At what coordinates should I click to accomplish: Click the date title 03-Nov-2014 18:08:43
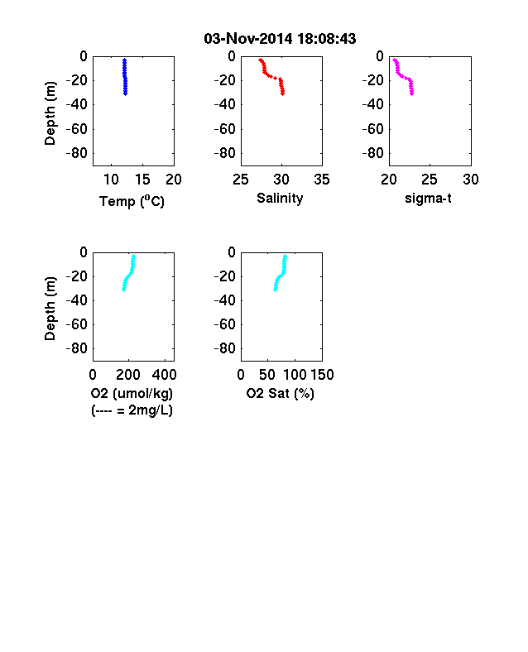coord(280,39)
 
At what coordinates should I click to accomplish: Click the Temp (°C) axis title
coord(132,201)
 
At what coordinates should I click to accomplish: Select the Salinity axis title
coord(280,198)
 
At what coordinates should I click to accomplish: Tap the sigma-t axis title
coord(428,199)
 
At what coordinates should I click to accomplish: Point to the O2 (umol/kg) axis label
coord(132,393)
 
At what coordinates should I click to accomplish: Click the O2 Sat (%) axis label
coord(280,393)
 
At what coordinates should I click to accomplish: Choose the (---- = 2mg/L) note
coord(132,410)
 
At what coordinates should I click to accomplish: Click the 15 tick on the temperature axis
coord(142,180)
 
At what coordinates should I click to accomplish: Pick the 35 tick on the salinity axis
coord(322,180)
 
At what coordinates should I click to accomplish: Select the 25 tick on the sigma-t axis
coord(429,180)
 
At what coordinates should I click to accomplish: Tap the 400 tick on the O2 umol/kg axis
coord(164,375)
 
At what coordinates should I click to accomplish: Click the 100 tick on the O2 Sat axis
coord(295,375)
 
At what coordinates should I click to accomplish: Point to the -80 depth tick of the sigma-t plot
coord(373,153)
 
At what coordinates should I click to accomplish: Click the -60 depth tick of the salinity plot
coord(225,129)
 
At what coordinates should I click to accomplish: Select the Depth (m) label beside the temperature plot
coord(50,113)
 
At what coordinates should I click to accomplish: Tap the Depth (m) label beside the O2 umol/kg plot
coord(50,309)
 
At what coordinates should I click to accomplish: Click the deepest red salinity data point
coord(283,93)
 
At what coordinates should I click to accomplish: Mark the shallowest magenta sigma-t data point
coord(394,60)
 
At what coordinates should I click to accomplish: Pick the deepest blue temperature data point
coord(125,93)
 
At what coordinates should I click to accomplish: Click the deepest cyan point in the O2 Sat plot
coord(276,290)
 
